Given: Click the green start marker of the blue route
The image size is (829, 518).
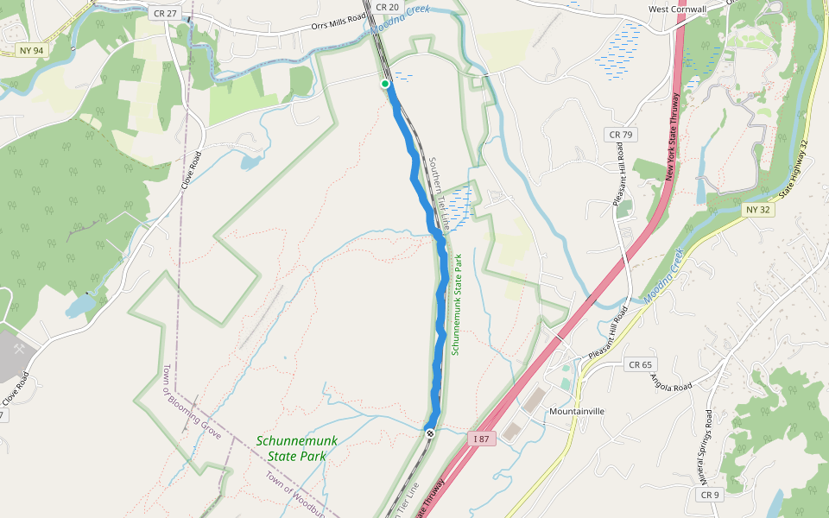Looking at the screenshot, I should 385,84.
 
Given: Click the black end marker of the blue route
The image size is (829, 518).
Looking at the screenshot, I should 429,433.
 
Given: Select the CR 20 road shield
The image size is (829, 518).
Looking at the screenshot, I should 388,7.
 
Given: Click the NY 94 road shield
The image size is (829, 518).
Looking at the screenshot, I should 30,51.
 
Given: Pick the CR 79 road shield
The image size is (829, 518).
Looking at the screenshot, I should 620,135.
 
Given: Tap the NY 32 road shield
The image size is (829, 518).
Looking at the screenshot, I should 756,210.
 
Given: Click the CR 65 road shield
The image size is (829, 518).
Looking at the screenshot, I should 639,365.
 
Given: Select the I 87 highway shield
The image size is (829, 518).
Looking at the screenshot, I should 482,439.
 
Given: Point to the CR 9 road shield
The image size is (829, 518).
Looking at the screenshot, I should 709,495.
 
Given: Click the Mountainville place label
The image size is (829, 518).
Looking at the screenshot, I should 577,412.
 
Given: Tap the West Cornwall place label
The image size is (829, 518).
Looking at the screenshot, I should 677,9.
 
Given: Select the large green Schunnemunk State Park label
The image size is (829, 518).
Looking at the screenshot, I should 296,448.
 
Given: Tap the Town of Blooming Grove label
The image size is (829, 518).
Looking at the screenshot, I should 191,402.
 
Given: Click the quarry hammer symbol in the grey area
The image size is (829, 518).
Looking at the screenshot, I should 20,350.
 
